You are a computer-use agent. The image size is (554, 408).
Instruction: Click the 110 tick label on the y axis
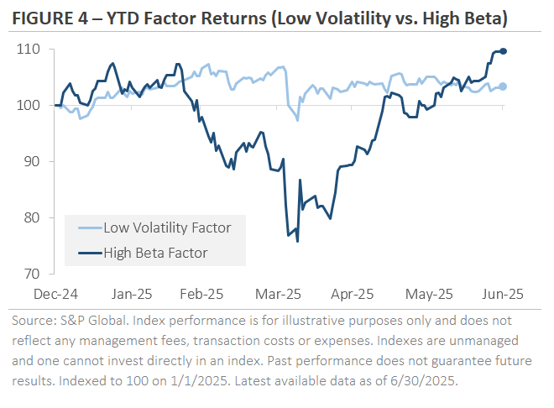[31, 50]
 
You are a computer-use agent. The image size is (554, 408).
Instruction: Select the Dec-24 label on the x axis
[55, 294]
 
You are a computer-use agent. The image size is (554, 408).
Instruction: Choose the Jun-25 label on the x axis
[504, 294]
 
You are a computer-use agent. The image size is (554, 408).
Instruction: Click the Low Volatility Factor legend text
[167, 227]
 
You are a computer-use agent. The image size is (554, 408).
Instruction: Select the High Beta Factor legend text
[154, 251]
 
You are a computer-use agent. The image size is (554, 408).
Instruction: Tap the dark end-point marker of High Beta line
[503, 51]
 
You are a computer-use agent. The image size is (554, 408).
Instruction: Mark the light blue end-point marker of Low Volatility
[503, 86]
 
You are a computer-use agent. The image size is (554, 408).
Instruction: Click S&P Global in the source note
[93, 321]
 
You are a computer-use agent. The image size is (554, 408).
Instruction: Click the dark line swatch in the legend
[84, 251]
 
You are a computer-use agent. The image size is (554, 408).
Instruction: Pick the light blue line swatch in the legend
[84, 227]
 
